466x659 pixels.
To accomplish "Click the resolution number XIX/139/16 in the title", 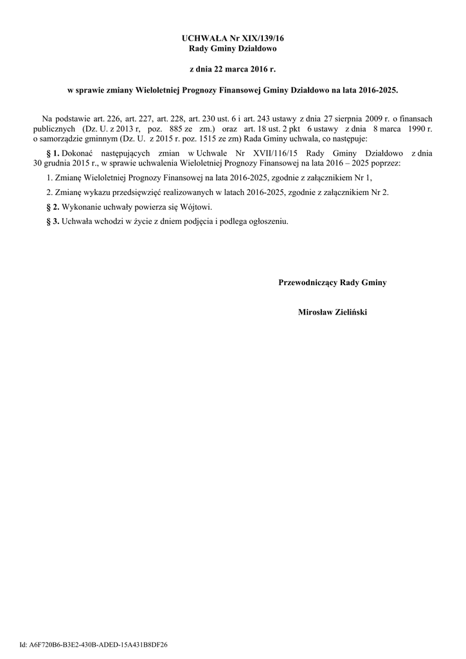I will click(261, 39).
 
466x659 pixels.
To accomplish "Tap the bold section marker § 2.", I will click(53, 207).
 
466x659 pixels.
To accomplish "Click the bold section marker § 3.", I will click(53, 222).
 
